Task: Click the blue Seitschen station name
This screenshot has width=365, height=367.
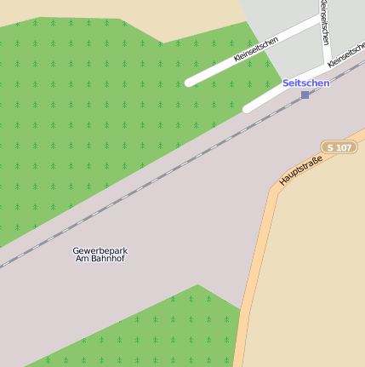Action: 305,83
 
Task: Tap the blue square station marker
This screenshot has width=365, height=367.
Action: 305,95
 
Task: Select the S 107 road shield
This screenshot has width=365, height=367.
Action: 339,148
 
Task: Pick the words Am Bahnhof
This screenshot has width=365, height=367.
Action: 100,259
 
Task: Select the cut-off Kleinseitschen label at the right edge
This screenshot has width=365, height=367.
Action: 346,56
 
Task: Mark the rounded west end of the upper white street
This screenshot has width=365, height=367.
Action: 190,83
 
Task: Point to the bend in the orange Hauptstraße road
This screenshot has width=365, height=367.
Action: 274,194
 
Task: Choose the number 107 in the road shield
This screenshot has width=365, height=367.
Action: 343,148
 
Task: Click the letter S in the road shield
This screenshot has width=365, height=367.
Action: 330,148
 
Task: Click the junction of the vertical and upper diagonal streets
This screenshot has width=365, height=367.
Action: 320,19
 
